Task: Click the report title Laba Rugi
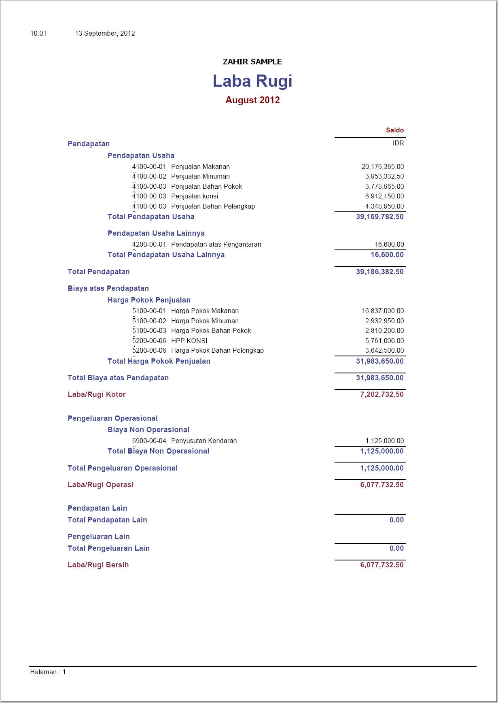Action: [x=252, y=81]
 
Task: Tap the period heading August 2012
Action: [x=252, y=100]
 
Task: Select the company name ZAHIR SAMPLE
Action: [x=252, y=62]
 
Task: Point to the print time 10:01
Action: [x=38, y=34]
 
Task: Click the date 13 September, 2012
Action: [x=105, y=34]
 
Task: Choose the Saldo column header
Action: [x=394, y=130]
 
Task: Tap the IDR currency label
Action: [x=398, y=143]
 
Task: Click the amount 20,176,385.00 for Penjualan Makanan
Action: [x=382, y=166]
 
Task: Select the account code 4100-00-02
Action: [x=149, y=177]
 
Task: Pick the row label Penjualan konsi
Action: [x=195, y=196]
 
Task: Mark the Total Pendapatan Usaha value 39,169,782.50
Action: [x=379, y=217]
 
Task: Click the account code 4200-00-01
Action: [x=149, y=245]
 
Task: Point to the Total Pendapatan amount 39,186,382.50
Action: [x=379, y=272]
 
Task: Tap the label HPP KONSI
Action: [x=189, y=341]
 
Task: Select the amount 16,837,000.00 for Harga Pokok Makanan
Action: [x=382, y=311]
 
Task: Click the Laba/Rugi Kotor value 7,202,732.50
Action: [x=381, y=394]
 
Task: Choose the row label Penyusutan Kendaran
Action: [x=204, y=441]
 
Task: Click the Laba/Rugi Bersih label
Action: [x=98, y=565]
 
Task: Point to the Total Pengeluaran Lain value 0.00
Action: [x=396, y=548]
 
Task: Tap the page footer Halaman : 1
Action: [x=48, y=672]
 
